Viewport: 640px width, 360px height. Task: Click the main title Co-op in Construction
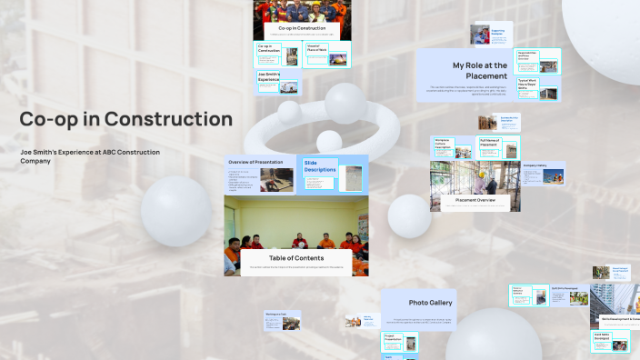point(126,119)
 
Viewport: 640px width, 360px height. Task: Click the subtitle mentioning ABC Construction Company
point(90,155)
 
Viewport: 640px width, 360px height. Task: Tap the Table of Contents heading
point(295,258)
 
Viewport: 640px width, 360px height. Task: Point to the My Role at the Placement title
point(479,71)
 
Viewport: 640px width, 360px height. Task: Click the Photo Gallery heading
point(430,303)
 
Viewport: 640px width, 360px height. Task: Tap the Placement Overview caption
point(475,200)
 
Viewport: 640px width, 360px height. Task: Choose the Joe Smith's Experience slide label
point(268,78)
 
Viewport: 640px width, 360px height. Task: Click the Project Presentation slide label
point(393,337)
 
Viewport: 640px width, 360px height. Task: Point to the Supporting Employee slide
point(491,34)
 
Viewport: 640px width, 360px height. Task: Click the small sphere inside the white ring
point(329,141)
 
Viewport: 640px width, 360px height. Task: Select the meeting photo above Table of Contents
point(295,223)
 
